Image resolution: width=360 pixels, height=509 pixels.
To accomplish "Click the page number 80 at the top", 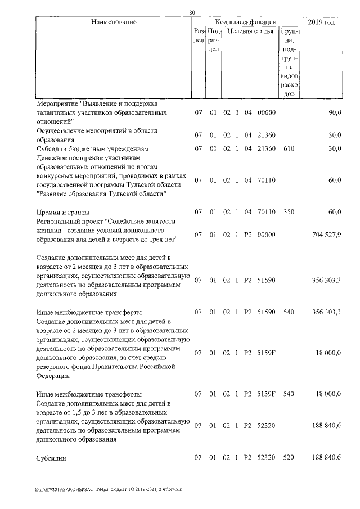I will pyautogui.click(x=192, y=12).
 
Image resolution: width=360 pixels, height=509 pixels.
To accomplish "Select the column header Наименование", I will pyautogui.click(x=113, y=22).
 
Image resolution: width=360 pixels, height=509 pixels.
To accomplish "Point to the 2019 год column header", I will pyautogui.click(x=322, y=22).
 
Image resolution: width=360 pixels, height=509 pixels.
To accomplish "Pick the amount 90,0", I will pyautogui.click(x=335, y=112).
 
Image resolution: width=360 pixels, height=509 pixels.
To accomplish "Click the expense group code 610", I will pyautogui.click(x=289, y=149).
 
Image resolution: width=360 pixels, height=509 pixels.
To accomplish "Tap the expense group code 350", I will pyautogui.click(x=289, y=212).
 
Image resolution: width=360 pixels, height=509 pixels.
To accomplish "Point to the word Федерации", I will pyautogui.click(x=54, y=376).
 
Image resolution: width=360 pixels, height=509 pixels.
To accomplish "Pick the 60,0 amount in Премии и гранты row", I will pyautogui.click(x=335, y=212).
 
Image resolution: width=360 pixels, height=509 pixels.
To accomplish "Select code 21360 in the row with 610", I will pyautogui.click(x=266, y=149).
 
